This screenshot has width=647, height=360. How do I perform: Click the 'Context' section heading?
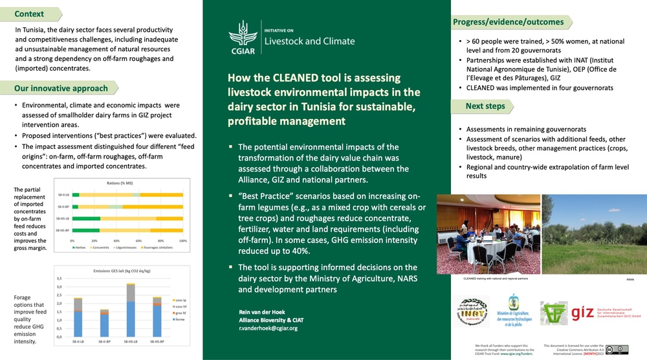tap(30, 14)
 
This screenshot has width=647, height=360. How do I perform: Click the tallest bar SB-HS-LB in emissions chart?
tap(131, 310)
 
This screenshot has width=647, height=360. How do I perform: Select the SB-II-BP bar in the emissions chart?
tap(105, 322)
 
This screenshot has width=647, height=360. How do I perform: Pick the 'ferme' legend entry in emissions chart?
tap(181, 319)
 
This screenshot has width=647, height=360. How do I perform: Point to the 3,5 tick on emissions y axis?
tap(60, 278)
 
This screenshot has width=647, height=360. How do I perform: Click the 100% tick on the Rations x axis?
tap(183, 240)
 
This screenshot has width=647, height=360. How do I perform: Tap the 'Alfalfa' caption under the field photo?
tap(630, 279)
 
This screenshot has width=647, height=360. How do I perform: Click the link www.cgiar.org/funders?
tap(515, 354)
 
